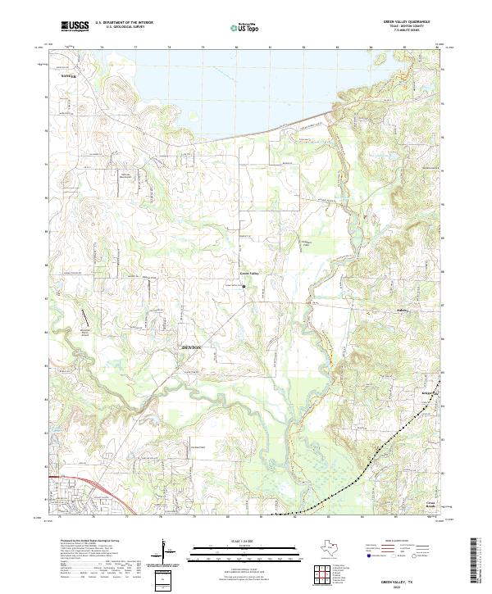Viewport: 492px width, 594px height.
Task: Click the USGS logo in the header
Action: (75, 26)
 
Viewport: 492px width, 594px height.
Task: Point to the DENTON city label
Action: (190, 348)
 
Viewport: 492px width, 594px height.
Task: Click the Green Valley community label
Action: (248, 273)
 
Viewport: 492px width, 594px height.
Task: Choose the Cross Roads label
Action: (430, 504)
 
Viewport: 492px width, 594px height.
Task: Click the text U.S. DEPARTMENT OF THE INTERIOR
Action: (124, 22)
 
